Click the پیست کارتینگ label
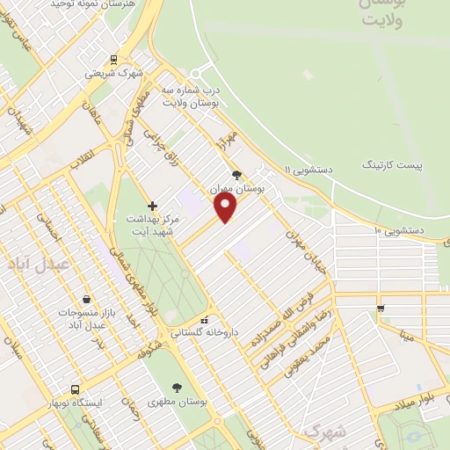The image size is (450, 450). point(392,164)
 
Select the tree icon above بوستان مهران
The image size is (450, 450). point(236,175)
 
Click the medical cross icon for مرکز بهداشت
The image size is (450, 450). point(152,204)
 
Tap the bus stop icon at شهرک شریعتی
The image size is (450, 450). point(112,60)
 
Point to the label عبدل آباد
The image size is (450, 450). point(37,264)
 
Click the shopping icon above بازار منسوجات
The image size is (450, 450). point(85,299)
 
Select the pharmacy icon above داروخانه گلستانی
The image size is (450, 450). point(204,320)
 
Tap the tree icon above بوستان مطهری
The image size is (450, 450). point(178,387)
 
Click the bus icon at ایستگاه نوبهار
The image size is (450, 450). point(75,388)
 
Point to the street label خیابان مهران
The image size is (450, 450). point(308,251)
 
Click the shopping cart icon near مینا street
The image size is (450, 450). point(381,308)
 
